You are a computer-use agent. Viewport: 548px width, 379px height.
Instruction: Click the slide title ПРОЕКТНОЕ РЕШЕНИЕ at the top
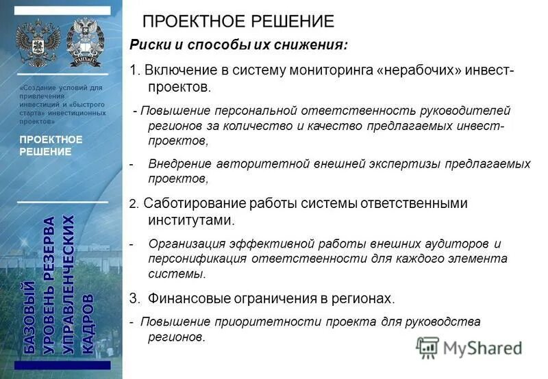tap(238, 21)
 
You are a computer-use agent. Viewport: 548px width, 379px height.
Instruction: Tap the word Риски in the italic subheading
tap(147, 45)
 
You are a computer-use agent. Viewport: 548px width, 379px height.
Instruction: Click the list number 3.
tap(133, 298)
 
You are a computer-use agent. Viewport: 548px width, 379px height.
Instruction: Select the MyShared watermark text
tap(482, 348)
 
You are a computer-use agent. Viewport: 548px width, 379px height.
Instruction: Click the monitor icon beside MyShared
tap(427, 348)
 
